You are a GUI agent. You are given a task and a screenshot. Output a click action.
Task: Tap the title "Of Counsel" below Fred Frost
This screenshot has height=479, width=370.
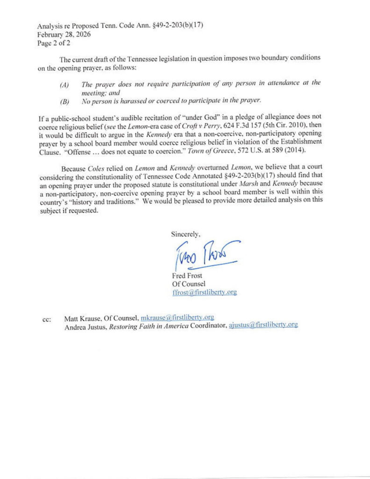click(x=189, y=284)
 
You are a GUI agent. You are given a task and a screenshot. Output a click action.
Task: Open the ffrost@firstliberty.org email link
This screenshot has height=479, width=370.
click(x=204, y=292)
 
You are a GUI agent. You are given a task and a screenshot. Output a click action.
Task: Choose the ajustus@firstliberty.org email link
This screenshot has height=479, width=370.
click(x=263, y=325)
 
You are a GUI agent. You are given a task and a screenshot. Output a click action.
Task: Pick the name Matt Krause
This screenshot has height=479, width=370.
click(x=80, y=318)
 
